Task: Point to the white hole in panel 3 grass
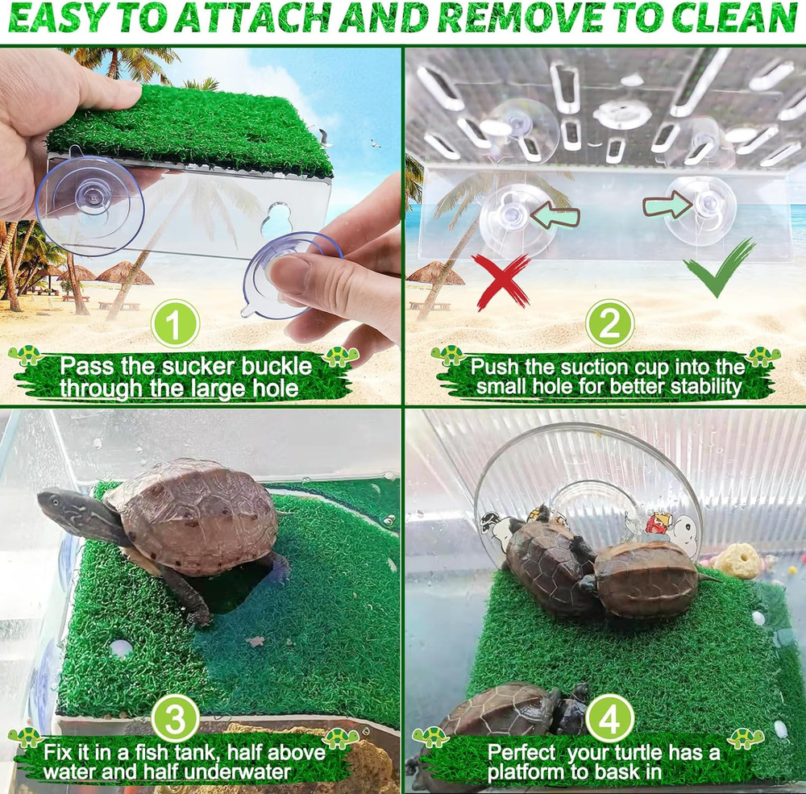(x=121, y=646)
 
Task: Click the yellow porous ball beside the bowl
(x=737, y=560)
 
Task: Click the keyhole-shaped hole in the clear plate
(x=277, y=218)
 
